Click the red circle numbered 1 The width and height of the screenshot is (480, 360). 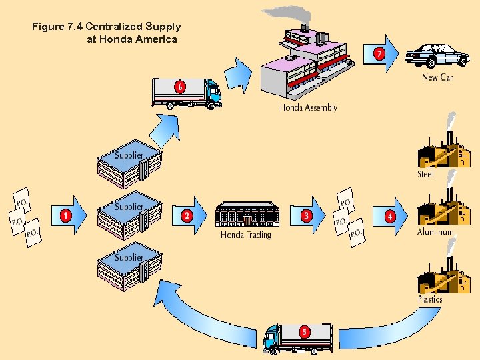point(66,215)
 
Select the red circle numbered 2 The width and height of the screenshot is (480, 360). point(187,215)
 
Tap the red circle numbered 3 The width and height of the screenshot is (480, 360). point(306,215)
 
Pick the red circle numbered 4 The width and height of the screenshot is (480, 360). point(390,215)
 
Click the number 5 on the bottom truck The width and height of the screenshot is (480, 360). point(305,331)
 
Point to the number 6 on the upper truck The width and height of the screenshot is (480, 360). point(180,87)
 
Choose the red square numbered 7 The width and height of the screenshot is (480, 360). point(379,53)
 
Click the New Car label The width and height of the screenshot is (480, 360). point(437,77)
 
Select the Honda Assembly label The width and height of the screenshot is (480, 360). point(308,107)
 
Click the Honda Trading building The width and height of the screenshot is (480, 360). point(247,213)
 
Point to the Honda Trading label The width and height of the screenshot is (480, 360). point(246,235)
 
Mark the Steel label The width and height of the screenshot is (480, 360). point(425,174)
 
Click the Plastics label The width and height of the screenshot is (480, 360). point(430,299)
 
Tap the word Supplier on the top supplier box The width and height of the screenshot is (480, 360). point(129,156)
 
